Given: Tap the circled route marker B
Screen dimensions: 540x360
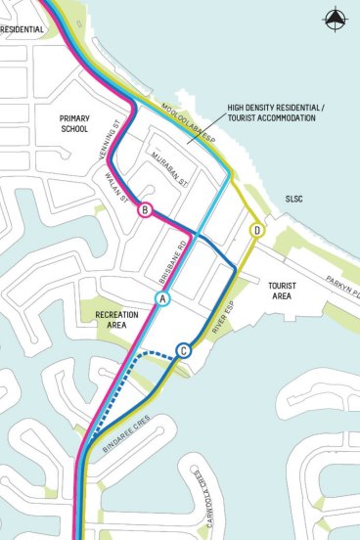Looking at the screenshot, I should [x=145, y=210].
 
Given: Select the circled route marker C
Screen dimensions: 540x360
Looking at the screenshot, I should [x=183, y=350].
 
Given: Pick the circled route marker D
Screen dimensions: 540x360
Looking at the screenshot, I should [x=257, y=230].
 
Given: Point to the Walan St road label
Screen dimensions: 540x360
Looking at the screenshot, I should [x=114, y=185].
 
